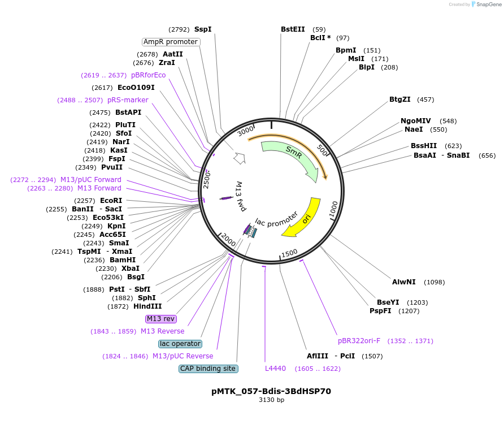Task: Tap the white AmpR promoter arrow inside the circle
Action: tap(239, 158)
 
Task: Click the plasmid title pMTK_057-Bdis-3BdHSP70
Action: tap(271, 391)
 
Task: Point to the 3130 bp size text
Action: tap(272, 400)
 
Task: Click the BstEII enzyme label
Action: tap(293, 29)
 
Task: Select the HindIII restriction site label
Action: tap(147, 306)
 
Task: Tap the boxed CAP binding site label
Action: tap(208, 369)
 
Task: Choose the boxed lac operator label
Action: tap(180, 344)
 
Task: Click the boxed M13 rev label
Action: tap(160, 319)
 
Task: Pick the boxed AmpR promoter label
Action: tap(171, 42)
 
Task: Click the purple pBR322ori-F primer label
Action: tap(359, 341)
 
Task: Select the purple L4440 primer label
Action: tap(275, 369)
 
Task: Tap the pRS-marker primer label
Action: tap(128, 100)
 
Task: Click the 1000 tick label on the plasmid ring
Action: tap(333, 209)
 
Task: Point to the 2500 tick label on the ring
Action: tap(207, 180)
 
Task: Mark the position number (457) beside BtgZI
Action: tap(425, 99)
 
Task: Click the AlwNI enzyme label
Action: tap(404, 282)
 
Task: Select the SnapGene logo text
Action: tap(489, 5)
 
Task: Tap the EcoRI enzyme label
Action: tap(111, 201)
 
